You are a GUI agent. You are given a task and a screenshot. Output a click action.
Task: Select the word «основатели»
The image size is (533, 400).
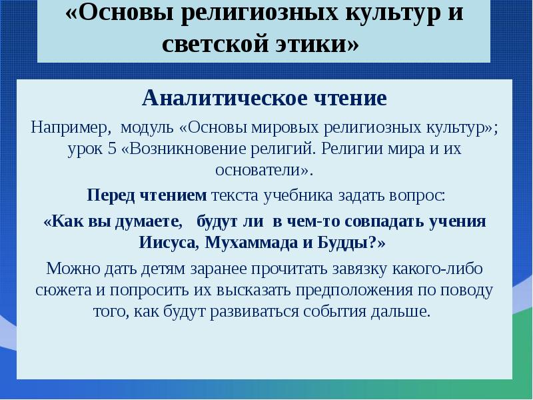coord(262,170)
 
